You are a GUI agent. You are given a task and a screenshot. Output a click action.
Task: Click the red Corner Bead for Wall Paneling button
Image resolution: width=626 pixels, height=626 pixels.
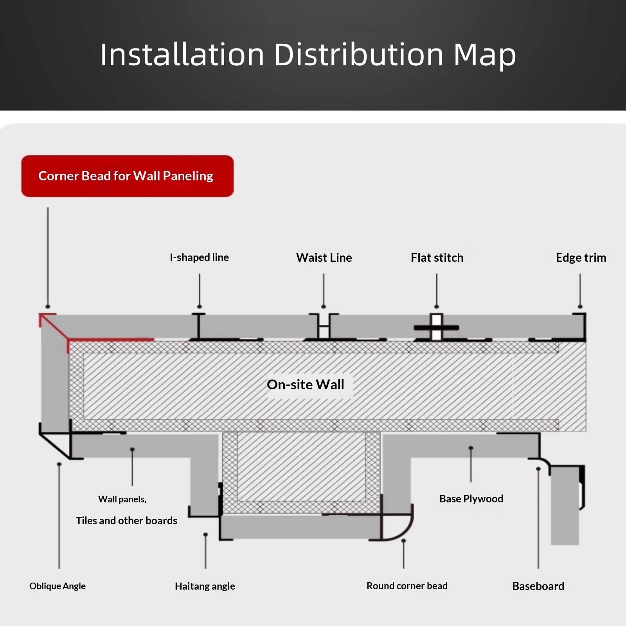coord(128,176)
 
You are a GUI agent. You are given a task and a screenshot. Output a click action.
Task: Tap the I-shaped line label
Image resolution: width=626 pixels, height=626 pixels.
coord(199,257)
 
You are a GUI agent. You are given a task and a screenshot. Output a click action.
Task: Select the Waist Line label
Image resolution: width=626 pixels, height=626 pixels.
coord(324,257)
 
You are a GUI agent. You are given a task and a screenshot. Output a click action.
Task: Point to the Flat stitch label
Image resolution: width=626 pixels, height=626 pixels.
coord(437,257)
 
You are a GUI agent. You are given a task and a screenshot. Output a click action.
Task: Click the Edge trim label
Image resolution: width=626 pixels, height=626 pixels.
coord(581,257)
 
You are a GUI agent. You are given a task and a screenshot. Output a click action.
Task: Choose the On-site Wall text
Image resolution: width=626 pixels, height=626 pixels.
coord(306,385)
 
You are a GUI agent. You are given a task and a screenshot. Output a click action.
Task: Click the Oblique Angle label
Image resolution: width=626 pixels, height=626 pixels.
coord(58,586)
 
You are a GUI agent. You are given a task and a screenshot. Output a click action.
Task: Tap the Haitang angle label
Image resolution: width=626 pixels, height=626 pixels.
coord(205,586)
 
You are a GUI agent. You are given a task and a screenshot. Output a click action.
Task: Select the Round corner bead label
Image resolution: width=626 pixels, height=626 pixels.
coord(407,586)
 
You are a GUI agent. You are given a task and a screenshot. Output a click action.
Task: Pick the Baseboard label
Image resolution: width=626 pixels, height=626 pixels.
coord(538,586)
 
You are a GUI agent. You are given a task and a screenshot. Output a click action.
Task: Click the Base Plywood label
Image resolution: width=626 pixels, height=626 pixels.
coord(471,499)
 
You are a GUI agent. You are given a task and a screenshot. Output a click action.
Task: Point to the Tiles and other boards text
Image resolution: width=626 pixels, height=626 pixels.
coord(126,521)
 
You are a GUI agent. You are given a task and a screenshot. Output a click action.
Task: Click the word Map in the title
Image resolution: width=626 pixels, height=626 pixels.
coord(485,55)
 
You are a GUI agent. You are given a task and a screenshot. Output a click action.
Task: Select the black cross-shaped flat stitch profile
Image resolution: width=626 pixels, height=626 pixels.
coord(437,327)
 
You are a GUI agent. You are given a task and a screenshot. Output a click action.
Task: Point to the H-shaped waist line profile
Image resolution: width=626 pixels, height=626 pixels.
coord(324,327)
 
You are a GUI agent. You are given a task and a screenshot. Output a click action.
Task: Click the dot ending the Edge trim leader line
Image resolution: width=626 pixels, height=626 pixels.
coord(580,306)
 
